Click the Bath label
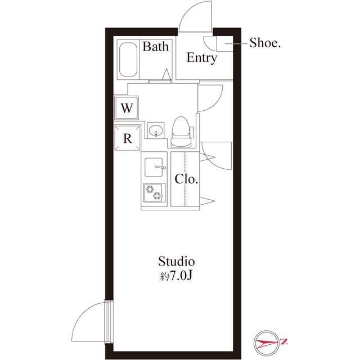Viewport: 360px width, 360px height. click(155, 46)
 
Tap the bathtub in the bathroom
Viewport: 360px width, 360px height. click(128, 60)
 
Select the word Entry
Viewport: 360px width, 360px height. click(201, 57)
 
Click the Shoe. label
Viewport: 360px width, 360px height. click(265, 43)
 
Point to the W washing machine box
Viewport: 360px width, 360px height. click(127, 107)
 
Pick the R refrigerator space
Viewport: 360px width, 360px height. click(128, 138)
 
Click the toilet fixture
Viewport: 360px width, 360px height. click(181, 132)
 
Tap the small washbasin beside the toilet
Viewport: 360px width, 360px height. click(156, 130)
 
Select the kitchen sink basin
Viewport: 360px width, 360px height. click(154, 167)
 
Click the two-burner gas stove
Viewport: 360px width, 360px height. click(154, 192)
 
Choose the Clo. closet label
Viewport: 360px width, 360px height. click(186, 179)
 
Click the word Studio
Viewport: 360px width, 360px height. click(177, 262)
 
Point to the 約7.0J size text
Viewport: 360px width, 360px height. click(176, 276)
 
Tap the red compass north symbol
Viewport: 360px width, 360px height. click(267, 343)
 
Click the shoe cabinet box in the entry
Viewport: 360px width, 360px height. click(225, 44)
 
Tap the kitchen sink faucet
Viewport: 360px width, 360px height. click(161, 167)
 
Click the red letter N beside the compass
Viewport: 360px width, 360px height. click(284, 341)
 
